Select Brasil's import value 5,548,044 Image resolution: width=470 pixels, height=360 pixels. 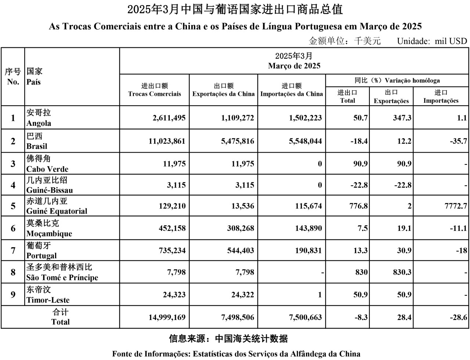305,141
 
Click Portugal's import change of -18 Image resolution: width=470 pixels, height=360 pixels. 462,251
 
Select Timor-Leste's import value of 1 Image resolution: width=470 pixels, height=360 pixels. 320,295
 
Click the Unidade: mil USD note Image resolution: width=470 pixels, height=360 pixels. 432,41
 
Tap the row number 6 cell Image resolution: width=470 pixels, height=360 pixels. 13,228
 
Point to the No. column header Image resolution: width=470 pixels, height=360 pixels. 13,81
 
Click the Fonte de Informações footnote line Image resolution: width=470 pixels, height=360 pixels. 236,354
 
